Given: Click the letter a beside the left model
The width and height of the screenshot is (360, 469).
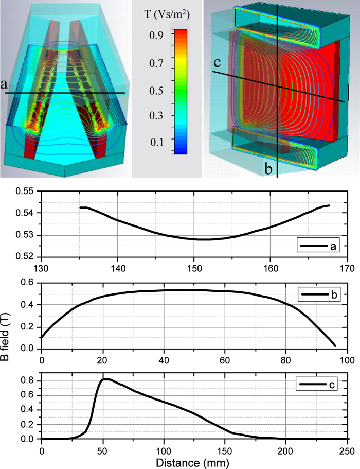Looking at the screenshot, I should click(x=5, y=83).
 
